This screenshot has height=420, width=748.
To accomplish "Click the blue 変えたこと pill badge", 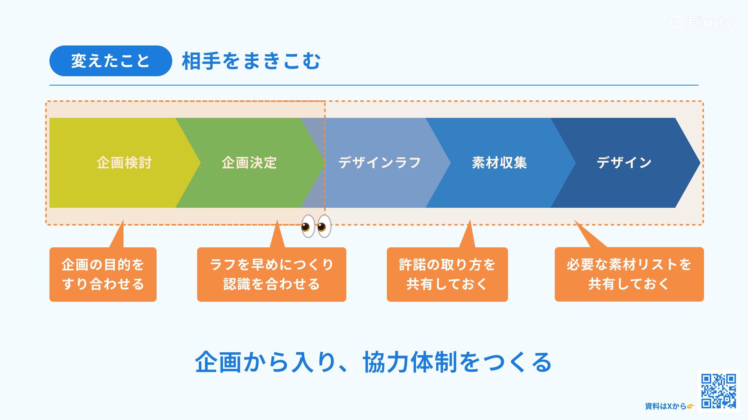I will click(x=111, y=61).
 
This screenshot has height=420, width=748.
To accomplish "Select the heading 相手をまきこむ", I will click(x=251, y=61).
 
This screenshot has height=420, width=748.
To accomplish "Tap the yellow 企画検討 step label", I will click(x=124, y=163).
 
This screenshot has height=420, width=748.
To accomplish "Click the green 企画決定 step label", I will click(x=249, y=163).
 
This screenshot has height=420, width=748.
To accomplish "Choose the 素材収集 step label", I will click(x=499, y=163).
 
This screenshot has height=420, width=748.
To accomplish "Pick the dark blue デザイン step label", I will click(x=624, y=163).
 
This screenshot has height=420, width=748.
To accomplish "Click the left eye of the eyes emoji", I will click(x=308, y=226).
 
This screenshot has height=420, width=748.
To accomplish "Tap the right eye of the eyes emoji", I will click(x=324, y=226).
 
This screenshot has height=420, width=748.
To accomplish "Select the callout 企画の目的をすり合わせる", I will click(x=103, y=274).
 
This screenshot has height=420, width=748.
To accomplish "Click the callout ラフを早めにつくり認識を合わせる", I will click(x=272, y=274).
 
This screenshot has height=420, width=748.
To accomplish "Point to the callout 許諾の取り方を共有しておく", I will click(x=447, y=274).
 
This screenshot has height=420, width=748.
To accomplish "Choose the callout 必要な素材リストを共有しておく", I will click(x=629, y=274).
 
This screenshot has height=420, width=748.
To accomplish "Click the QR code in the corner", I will click(x=718, y=391).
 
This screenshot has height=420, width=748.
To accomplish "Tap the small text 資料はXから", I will click(x=665, y=406).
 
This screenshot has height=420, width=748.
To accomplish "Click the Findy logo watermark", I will click(x=701, y=22).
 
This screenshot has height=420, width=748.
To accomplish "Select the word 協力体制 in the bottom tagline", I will click(x=410, y=362).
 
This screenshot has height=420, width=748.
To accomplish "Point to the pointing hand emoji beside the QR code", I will click(x=690, y=406).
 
